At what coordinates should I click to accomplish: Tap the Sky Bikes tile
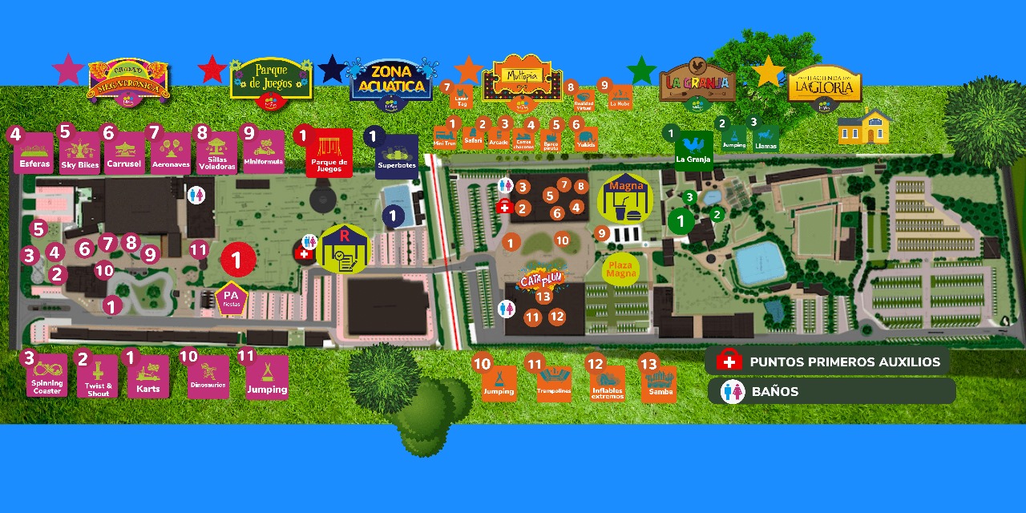(80, 155)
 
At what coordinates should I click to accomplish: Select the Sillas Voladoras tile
(216, 155)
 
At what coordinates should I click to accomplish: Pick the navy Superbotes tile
(397, 157)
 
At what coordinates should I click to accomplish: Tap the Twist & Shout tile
(99, 378)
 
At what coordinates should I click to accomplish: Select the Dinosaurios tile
(208, 378)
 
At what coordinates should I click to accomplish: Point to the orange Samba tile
(659, 385)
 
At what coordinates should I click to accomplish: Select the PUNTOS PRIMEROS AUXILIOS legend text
(845, 362)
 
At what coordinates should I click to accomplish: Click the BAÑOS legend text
(775, 392)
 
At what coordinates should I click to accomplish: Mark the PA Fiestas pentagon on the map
(231, 299)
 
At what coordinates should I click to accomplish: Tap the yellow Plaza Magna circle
(621, 269)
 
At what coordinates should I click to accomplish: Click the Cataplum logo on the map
(543, 280)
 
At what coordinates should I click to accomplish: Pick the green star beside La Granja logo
(641, 70)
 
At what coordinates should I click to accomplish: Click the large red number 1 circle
(236, 260)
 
